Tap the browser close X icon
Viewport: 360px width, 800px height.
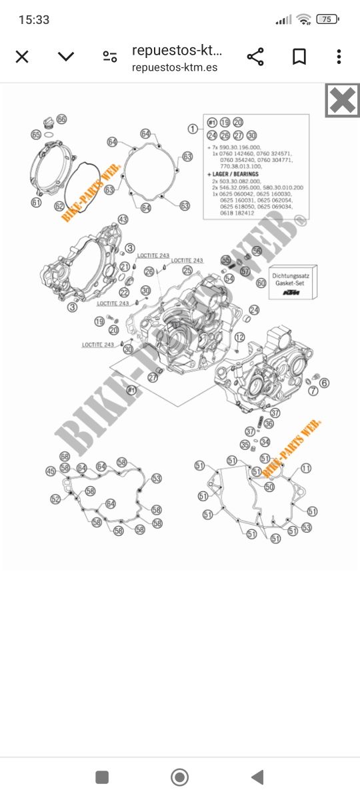click(22, 57)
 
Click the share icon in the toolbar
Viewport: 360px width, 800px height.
click(255, 57)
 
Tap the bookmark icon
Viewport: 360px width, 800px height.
click(299, 57)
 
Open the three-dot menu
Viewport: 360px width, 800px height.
click(339, 57)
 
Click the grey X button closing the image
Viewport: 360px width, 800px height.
click(342, 101)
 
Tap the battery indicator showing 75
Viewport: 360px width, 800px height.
click(327, 19)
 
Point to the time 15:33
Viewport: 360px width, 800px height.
click(34, 20)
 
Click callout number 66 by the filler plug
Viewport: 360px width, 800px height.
click(61, 119)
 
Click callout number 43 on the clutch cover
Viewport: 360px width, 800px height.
click(123, 219)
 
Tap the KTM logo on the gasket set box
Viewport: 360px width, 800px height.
click(291, 293)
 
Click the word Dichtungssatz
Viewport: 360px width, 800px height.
click(293, 274)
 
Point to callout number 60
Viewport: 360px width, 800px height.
click(261, 283)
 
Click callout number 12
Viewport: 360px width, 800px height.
click(239, 336)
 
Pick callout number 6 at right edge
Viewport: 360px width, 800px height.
click(324, 383)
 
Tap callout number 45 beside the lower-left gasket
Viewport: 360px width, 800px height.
click(51, 471)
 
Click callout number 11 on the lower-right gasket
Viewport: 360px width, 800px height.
click(305, 469)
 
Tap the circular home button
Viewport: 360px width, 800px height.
click(179, 777)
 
